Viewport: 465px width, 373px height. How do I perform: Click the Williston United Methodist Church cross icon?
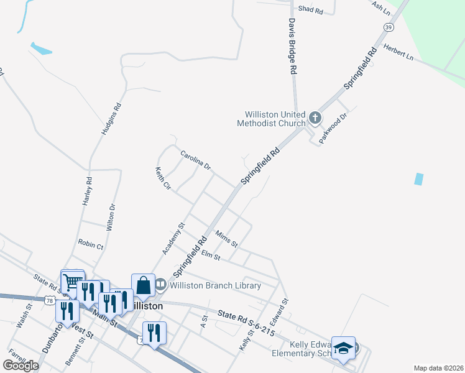(315, 117)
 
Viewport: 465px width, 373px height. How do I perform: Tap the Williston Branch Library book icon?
(160, 285)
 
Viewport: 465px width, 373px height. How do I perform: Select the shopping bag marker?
(143, 285)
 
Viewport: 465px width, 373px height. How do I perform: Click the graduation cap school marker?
(342, 349)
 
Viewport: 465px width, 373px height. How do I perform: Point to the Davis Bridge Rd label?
(291, 46)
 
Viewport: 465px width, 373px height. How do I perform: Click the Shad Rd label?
(310, 10)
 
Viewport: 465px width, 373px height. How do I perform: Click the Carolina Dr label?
(196, 160)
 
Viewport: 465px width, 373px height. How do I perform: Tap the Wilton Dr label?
(111, 218)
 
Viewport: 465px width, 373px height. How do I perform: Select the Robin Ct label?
(91, 244)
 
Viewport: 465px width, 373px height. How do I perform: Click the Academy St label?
(173, 239)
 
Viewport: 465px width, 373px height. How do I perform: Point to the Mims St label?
(226, 239)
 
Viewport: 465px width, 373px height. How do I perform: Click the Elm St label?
(211, 254)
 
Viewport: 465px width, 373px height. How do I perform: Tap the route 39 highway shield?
(389, 27)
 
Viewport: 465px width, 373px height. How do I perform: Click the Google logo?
(21, 365)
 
